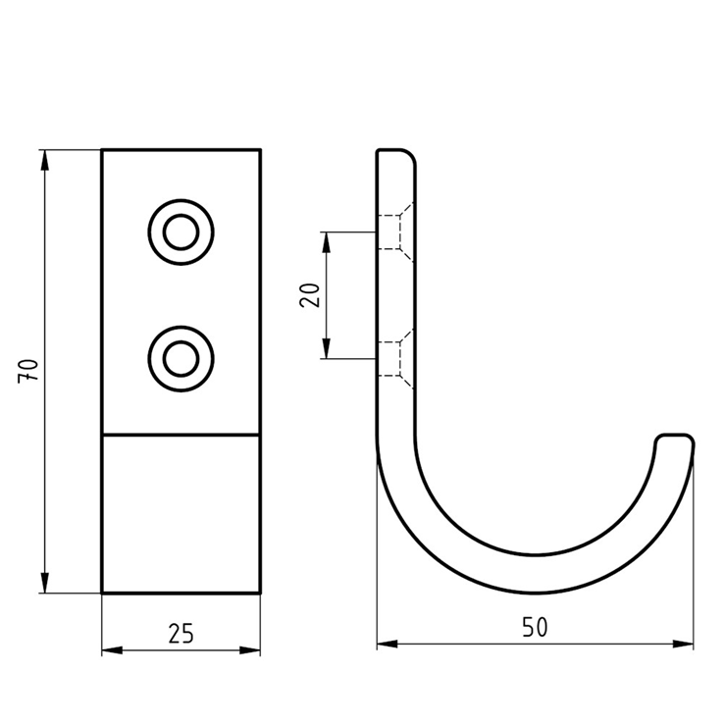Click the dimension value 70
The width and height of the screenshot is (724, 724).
28,370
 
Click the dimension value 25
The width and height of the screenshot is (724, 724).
181,633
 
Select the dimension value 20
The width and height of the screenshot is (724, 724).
310,295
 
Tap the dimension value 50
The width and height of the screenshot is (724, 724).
535,627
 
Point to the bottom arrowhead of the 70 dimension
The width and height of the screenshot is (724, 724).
45,583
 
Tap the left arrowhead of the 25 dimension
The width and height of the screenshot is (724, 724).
112,650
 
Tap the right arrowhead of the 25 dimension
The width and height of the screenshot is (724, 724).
250,650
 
